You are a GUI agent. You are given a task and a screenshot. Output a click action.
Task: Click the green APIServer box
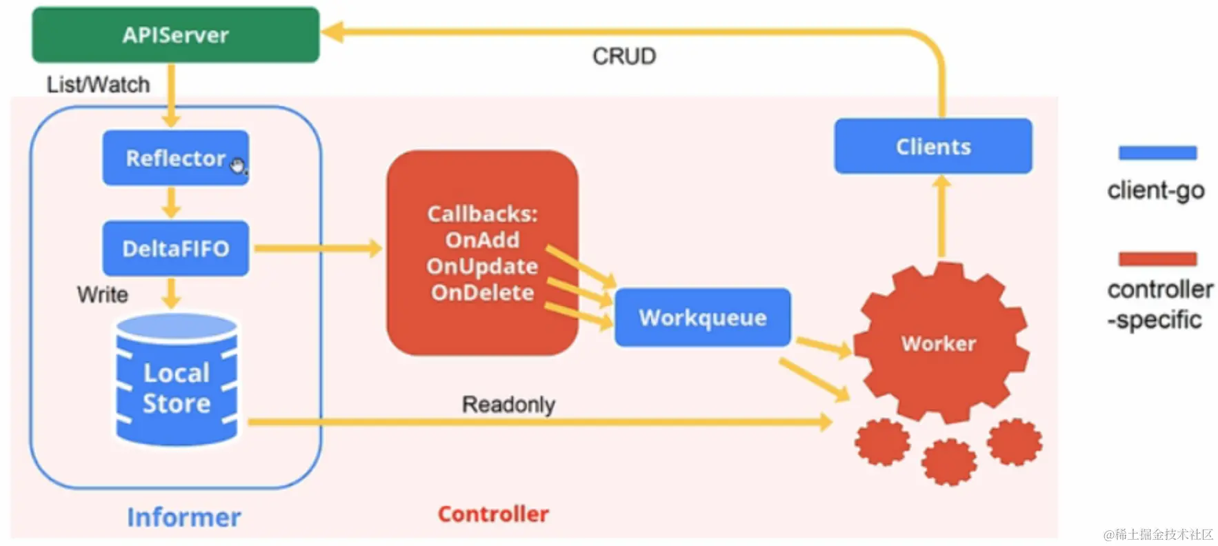click(x=175, y=34)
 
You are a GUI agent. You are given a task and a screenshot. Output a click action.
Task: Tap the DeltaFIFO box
click(x=175, y=248)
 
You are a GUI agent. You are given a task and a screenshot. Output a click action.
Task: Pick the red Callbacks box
click(x=482, y=253)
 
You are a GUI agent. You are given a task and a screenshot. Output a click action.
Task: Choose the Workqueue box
click(x=702, y=317)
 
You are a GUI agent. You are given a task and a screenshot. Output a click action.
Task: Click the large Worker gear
click(x=939, y=343)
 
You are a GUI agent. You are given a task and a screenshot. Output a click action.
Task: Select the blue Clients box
click(x=932, y=146)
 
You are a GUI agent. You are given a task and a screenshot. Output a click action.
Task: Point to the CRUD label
click(x=624, y=57)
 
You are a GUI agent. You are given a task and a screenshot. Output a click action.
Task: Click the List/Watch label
click(x=98, y=85)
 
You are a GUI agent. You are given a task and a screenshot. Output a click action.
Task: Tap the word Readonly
click(x=508, y=404)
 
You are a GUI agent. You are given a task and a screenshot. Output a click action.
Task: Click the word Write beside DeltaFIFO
click(x=102, y=294)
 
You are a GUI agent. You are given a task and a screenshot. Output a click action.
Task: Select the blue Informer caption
click(x=183, y=517)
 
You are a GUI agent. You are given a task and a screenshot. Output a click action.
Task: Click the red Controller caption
click(x=493, y=514)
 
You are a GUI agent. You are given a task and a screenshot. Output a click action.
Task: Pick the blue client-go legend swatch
click(x=1157, y=153)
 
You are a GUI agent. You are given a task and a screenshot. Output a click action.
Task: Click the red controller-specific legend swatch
click(x=1157, y=259)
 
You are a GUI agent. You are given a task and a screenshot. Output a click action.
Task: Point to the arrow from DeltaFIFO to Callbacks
click(x=317, y=248)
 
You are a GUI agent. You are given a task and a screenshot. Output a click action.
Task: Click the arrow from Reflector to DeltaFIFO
click(x=171, y=203)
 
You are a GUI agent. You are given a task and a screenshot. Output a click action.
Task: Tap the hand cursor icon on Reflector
click(x=238, y=165)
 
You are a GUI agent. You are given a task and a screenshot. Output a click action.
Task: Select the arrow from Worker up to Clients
click(x=941, y=217)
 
